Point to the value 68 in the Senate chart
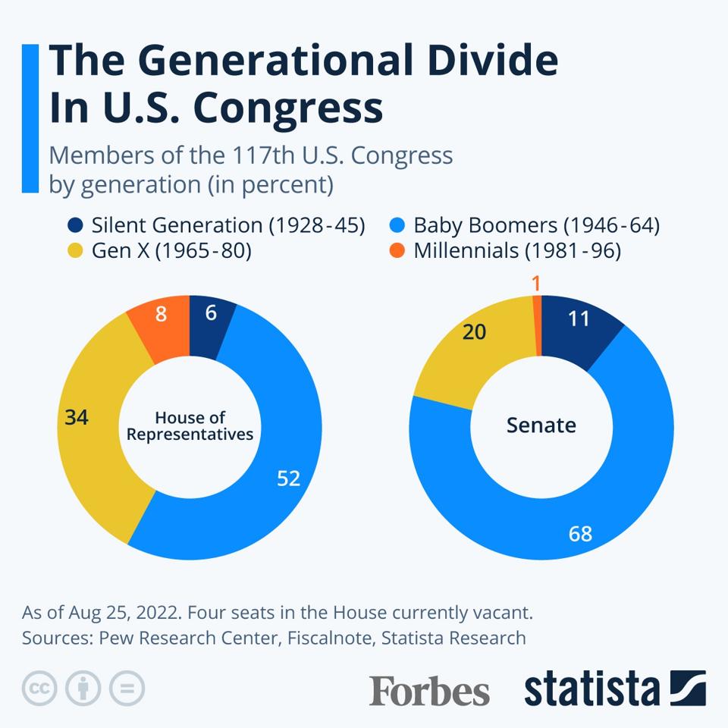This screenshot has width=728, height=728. coord(580,534)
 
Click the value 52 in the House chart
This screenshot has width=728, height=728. coord(288,478)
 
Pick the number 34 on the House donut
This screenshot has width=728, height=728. coord(77,417)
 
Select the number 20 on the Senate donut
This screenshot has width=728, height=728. coord(474,332)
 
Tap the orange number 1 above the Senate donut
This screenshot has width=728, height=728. coord(536,284)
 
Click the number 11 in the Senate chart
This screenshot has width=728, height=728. coord(579,318)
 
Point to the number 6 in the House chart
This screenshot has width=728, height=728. coord(211,312)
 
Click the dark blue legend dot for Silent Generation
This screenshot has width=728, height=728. coord(75,225)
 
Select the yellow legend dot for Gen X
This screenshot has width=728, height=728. coord(75,251)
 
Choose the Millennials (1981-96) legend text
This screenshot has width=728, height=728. coord(517,251)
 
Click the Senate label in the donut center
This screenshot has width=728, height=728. coord(541,425)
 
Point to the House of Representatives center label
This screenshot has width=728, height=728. coord(190,425)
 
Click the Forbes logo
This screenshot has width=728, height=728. coord(429,690)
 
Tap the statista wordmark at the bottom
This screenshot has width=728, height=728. coord(591,689)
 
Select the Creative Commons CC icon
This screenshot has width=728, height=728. coord(39,689)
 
